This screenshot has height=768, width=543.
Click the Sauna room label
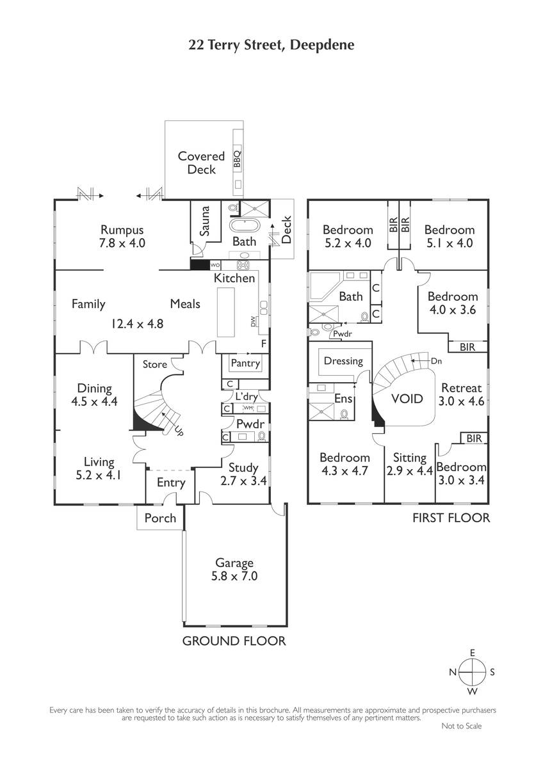click(x=205, y=221)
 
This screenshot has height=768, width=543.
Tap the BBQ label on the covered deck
click(x=238, y=159)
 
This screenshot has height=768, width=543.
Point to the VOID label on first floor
click(x=407, y=398)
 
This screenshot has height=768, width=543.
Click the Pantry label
click(x=245, y=363)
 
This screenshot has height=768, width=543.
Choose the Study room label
click(x=243, y=468)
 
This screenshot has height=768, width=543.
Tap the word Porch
click(x=160, y=518)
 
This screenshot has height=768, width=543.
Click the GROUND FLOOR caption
click(x=234, y=641)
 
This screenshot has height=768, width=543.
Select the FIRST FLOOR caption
click(x=451, y=518)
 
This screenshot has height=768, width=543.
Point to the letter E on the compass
click(x=473, y=653)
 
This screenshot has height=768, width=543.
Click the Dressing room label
click(x=343, y=361)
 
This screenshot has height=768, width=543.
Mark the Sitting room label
click(x=410, y=458)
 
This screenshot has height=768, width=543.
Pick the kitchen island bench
click(x=225, y=312)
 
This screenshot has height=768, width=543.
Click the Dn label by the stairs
click(x=436, y=361)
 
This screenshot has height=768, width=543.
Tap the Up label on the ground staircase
click(x=179, y=431)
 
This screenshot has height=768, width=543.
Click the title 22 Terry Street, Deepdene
click(x=271, y=45)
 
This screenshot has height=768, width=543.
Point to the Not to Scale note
click(x=462, y=726)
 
